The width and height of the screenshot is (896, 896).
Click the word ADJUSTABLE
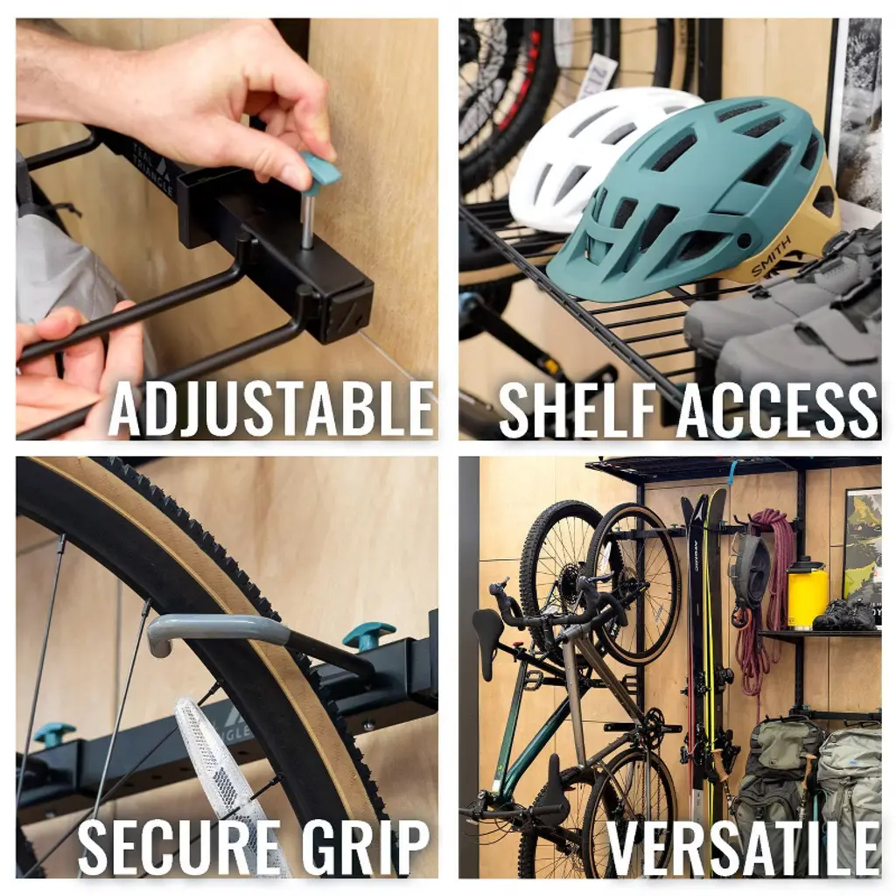click(271, 409)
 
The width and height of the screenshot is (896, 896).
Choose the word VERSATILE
click(743, 848)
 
